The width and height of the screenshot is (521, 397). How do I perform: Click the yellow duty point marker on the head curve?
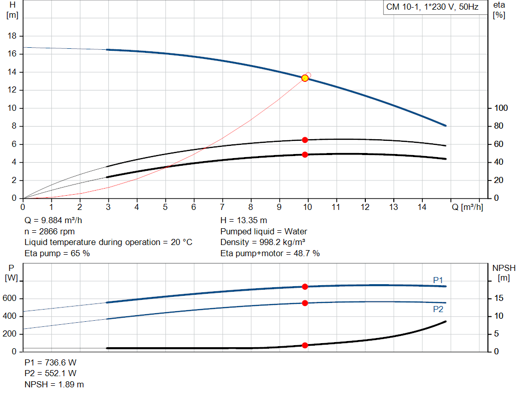point(305,78)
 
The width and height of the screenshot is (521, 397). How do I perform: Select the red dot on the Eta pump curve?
point(305,140)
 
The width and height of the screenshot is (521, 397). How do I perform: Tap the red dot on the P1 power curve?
point(305,287)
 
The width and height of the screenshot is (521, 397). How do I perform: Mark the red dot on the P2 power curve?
point(305,303)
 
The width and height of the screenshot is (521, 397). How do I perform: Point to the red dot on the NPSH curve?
point(305,345)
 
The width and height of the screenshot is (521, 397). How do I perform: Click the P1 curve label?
point(438,280)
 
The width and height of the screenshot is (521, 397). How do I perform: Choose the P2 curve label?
point(438,309)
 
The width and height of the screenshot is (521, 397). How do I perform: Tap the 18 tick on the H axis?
point(13,36)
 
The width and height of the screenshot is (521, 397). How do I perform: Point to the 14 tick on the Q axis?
point(421,207)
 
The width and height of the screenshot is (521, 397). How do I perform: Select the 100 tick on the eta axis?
point(501,108)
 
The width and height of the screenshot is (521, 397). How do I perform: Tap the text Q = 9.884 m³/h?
point(54,221)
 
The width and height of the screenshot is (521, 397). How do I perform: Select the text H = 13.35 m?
point(243,221)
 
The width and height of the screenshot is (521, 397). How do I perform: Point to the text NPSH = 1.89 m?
point(54,384)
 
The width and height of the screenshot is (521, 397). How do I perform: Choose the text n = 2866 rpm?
point(49,231)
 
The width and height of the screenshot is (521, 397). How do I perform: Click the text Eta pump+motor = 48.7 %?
point(270,253)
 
